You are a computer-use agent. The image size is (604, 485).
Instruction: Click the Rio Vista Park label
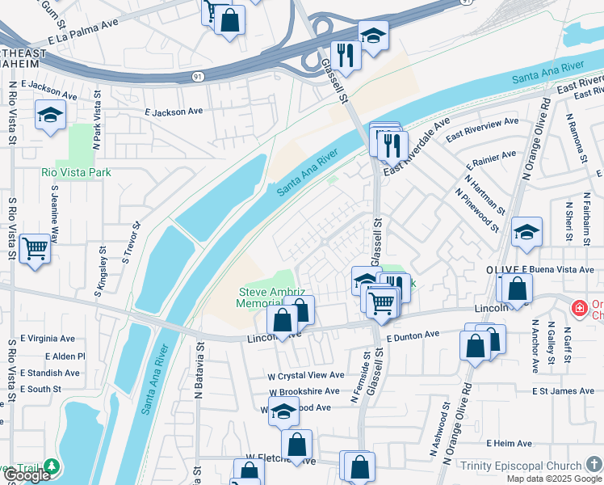[x=77, y=172]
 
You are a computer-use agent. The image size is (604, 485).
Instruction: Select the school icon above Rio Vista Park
[x=50, y=115]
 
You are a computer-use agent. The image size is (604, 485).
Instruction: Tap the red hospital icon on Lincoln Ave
[x=578, y=309]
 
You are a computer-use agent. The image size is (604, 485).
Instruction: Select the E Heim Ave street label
[x=509, y=444]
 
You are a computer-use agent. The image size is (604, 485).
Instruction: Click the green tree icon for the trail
[x=52, y=466]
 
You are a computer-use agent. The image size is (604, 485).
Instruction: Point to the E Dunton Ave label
[x=412, y=334]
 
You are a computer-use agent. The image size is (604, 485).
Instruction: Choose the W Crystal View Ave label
[x=306, y=376]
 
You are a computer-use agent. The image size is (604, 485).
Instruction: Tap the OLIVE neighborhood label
[x=501, y=269]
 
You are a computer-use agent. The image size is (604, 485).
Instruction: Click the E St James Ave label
[x=563, y=391]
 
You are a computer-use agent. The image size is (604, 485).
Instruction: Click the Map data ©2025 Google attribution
[x=553, y=479]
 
